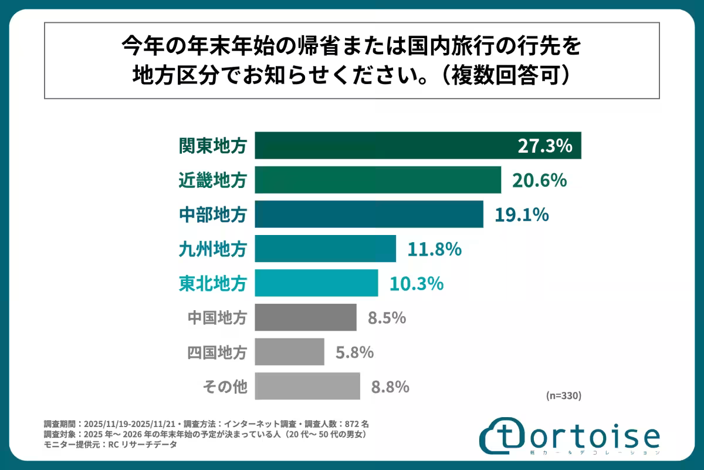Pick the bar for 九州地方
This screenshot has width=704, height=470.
[325, 249]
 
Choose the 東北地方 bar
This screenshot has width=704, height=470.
[316, 283]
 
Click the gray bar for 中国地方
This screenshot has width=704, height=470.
[306, 317]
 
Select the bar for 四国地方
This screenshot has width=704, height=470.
[289, 352]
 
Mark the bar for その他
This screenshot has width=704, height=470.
[307, 386]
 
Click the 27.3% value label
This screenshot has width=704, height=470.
[544, 146]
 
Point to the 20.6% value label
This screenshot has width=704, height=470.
[539, 180]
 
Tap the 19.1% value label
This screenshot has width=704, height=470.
[522, 214]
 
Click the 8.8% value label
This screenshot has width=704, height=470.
[390, 387]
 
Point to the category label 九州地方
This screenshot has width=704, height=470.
[213, 249]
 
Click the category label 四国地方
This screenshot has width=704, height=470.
[217, 352]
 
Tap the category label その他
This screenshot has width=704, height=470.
[225, 387]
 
